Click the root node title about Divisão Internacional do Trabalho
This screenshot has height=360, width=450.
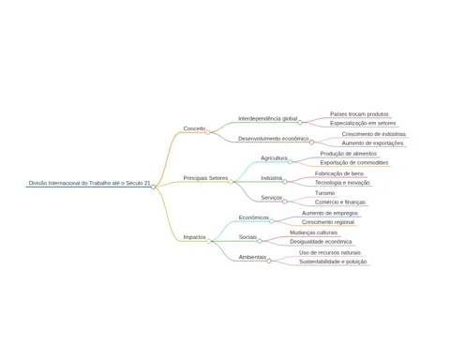point(89,183)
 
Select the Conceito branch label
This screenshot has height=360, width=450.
point(194,128)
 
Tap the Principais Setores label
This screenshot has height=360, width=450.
point(205,178)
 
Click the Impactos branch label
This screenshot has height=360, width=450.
point(194,237)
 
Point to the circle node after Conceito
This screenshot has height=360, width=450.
point(208,132)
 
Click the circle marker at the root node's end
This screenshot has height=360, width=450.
point(153,187)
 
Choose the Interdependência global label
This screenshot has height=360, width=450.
point(268,119)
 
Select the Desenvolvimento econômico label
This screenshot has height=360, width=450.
point(274,139)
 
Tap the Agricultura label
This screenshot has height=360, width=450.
point(274,158)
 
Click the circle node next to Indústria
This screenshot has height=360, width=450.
point(285,182)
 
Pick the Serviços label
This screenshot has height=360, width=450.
point(272,198)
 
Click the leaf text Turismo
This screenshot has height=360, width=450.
point(324,193)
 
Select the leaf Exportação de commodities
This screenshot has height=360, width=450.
point(354,163)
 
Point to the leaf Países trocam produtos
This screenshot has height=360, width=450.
point(359,114)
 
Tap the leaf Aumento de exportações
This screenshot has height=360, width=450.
point(372,143)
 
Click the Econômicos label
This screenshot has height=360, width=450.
point(254,217)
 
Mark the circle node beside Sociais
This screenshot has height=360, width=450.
point(260,241)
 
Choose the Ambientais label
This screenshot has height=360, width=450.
point(252,257)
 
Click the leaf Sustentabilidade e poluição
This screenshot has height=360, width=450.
point(333,262)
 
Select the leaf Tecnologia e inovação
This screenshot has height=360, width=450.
point(342,183)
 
